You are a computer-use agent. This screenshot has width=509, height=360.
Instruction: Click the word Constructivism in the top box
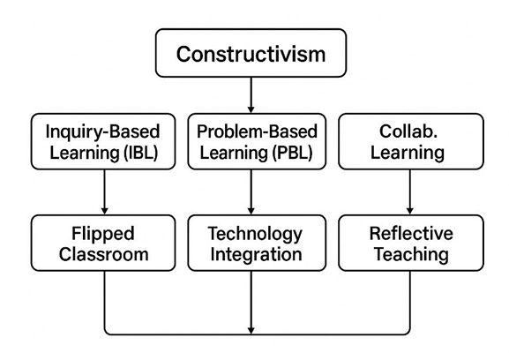point(251,54)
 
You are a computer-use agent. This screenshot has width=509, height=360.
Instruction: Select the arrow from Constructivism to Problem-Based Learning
point(251,94)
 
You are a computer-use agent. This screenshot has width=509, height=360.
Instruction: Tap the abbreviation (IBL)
point(141,153)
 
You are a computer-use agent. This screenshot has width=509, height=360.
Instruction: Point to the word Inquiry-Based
point(102,132)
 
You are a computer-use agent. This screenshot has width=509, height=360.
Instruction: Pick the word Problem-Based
point(257,131)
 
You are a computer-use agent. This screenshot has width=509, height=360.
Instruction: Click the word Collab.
point(408,131)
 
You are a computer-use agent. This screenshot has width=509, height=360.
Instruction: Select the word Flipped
point(103,234)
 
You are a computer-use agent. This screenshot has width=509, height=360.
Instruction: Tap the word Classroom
point(103,254)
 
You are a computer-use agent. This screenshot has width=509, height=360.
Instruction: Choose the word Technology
point(255,234)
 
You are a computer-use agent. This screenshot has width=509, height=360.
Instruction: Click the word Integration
point(256,255)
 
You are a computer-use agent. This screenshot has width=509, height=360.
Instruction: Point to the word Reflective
point(411,234)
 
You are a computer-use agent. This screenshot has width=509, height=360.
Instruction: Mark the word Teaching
point(412,255)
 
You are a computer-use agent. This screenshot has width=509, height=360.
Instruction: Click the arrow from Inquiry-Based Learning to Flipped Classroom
point(104,191)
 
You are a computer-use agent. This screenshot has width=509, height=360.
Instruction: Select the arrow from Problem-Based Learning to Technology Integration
point(251,191)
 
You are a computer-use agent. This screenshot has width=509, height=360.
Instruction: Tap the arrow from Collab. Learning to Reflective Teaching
point(410,191)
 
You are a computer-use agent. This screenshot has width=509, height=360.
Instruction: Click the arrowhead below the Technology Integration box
point(251,330)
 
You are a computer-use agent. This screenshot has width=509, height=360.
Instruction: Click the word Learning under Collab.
point(408,153)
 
